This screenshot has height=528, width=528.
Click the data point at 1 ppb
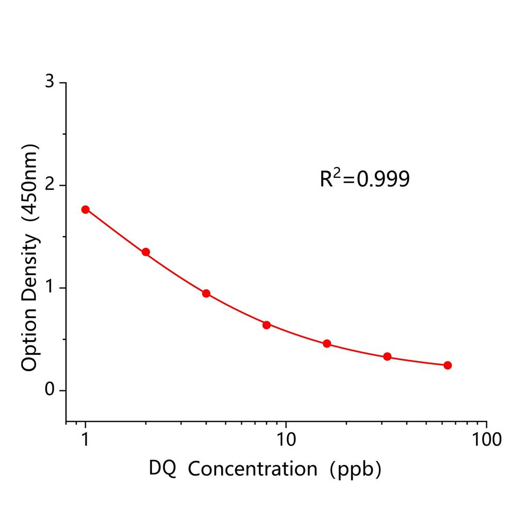tap(86, 209)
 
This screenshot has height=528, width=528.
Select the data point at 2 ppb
tap(146, 252)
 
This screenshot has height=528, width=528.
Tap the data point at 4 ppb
tap(206, 293)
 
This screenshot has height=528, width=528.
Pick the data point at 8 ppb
tap(267, 325)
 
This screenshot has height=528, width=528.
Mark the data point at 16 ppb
tap(327, 344)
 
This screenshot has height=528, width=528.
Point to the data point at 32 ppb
tap(387, 357)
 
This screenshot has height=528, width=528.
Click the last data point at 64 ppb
tap(448, 365)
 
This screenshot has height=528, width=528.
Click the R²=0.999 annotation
tap(365, 178)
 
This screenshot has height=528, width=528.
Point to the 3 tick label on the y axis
tap(49, 82)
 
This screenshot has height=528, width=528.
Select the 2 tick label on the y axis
tap(49, 185)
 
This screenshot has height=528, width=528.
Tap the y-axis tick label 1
tap(49, 288)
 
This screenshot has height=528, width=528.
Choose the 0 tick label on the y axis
tap(49, 390)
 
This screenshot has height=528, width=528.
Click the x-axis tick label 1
tap(86, 440)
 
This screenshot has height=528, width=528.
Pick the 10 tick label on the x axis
tap(286, 440)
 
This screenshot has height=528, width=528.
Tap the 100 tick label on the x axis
tap(486, 440)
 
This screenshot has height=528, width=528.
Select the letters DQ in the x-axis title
tap(162, 469)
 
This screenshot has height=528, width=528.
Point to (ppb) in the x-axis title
tap(356, 469)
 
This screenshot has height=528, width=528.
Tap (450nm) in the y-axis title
tap(29, 184)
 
